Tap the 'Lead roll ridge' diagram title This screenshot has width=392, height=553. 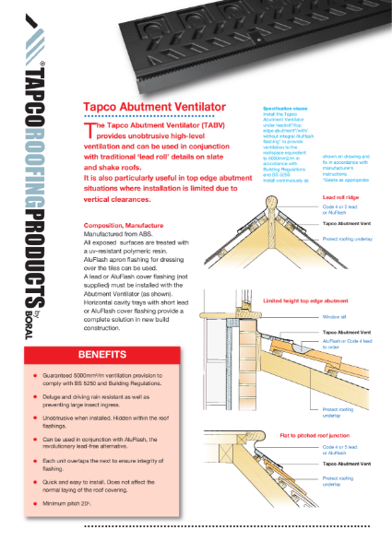pos(339,197)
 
